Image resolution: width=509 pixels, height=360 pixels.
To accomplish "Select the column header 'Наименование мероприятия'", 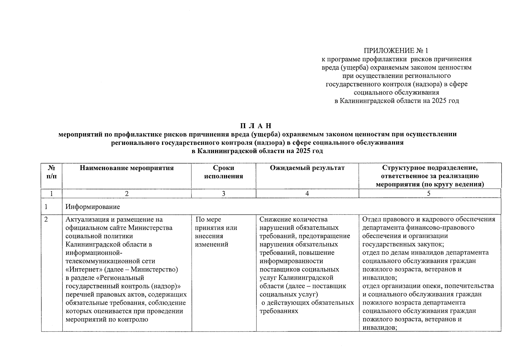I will (127, 168).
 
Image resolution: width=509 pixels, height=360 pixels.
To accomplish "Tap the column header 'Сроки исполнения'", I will (223, 172).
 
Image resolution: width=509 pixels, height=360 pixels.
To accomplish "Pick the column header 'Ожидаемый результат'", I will (307, 168).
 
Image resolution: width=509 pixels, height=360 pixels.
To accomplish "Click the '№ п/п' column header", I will (52, 172).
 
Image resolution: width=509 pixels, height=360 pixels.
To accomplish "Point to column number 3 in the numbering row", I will (223, 194).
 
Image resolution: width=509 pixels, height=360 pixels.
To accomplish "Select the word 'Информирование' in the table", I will (93, 207).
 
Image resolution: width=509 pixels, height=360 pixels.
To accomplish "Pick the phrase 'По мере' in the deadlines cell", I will (208, 220).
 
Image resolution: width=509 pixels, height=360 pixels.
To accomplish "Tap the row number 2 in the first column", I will (46, 220).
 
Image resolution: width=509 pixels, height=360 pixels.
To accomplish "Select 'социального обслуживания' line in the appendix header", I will (396, 92).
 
